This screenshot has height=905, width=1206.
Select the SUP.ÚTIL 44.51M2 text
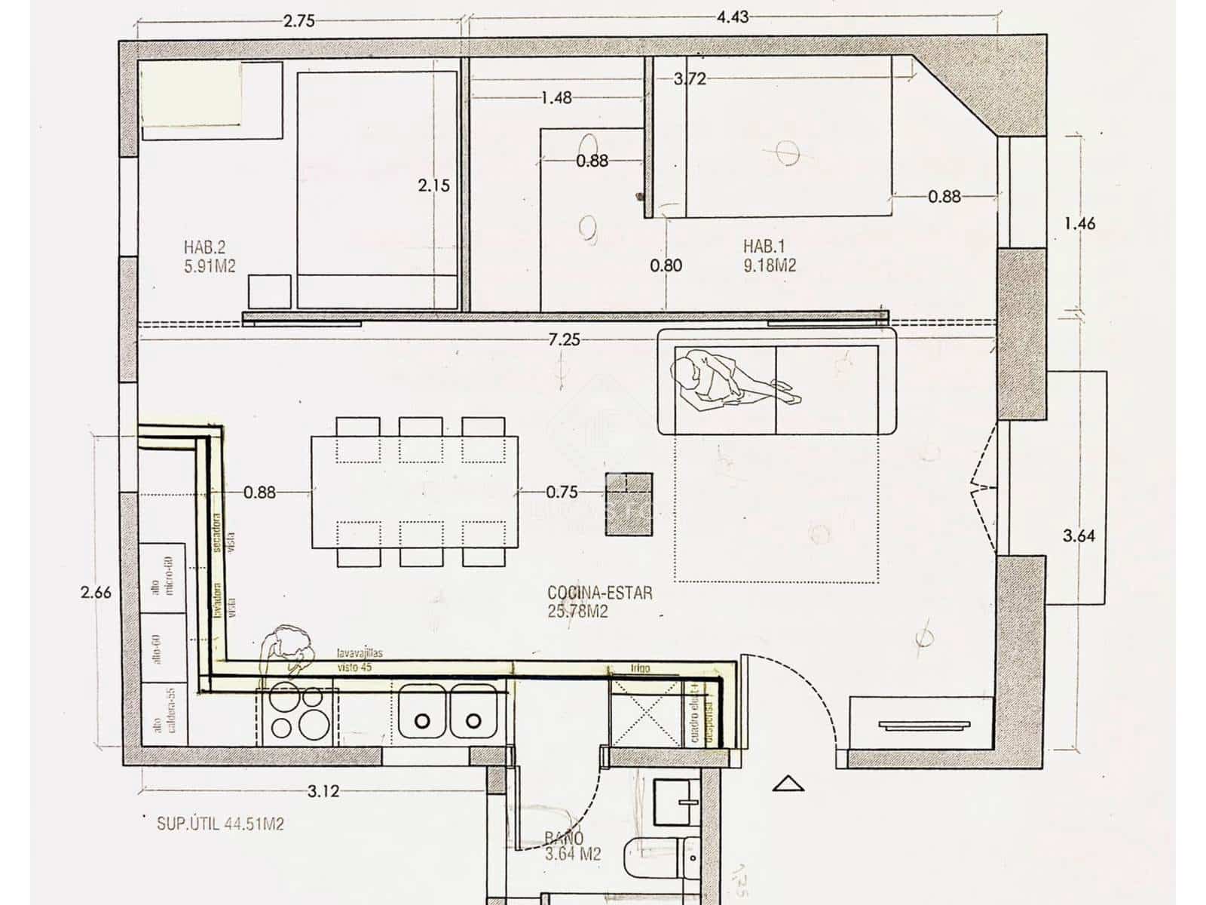220,824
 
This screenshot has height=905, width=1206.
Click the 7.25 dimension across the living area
565,339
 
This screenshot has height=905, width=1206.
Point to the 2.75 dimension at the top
298,20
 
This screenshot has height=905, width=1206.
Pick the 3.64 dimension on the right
1078,536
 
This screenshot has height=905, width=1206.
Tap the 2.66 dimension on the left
96,593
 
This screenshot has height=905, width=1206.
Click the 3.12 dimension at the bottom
323,791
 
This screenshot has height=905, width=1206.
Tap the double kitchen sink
448,711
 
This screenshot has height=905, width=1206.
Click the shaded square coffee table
629,504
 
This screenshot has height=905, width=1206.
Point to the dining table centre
415,492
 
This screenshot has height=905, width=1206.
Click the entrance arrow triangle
788,784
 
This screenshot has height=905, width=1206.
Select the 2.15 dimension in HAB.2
433,185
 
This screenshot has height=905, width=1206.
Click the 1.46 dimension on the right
1079,223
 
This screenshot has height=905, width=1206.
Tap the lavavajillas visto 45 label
359,660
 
